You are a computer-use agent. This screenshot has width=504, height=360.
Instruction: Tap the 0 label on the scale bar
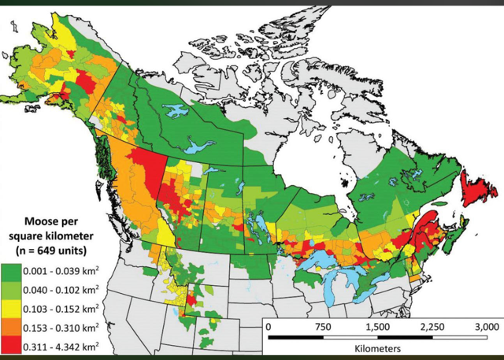(x=269, y=326)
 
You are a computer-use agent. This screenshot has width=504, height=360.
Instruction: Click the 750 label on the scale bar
(x=322, y=326)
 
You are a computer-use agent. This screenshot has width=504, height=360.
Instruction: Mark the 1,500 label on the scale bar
(x=376, y=326)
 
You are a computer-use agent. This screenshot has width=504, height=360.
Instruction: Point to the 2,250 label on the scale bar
(x=429, y=326)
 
